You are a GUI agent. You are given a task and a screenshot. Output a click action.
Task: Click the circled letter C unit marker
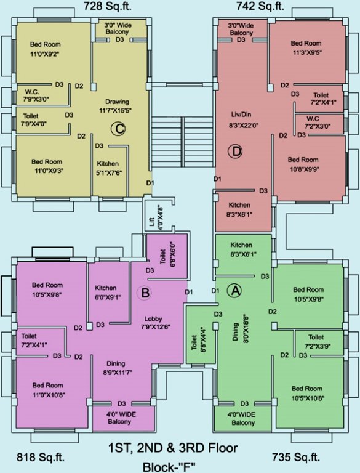pyautogui.click(x=117, y=128)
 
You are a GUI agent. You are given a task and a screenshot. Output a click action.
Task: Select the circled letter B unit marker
pyautogui.click(x=145, y=293)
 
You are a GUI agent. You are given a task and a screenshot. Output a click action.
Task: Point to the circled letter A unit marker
pyautogui.click(x=234, y=290)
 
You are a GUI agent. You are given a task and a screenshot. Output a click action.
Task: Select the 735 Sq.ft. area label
pyautogui.click(x=297, y=457)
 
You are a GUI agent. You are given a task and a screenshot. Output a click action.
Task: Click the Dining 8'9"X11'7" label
pyautogui.click(x=116, y=368)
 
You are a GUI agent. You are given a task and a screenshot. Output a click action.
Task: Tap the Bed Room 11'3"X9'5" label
pyautogui.click(x=306, y=47)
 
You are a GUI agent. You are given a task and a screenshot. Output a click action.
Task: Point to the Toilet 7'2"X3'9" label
pyautogui.click(x=316, y=341)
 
